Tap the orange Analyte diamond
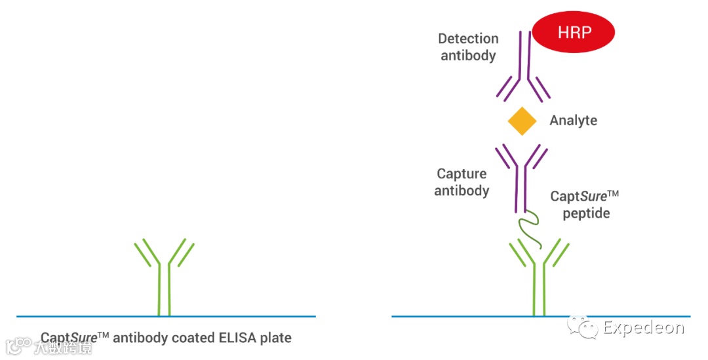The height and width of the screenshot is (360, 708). (x=522, y=121)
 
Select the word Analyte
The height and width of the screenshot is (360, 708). (x=573, y=121)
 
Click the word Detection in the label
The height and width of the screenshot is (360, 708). (x=468, y=39)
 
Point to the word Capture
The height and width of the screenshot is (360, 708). (x=462, y=174)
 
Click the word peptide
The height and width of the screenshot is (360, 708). (x=585, y=213)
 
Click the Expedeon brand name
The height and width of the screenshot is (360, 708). (x=643, y=327)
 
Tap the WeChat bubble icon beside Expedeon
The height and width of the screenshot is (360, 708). (x=583, y=325)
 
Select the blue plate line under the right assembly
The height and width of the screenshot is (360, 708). (x=459, y=316)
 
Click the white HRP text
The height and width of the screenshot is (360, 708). (x=574, y=31)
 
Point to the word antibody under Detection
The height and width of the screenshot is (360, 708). (x=468, y=55)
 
